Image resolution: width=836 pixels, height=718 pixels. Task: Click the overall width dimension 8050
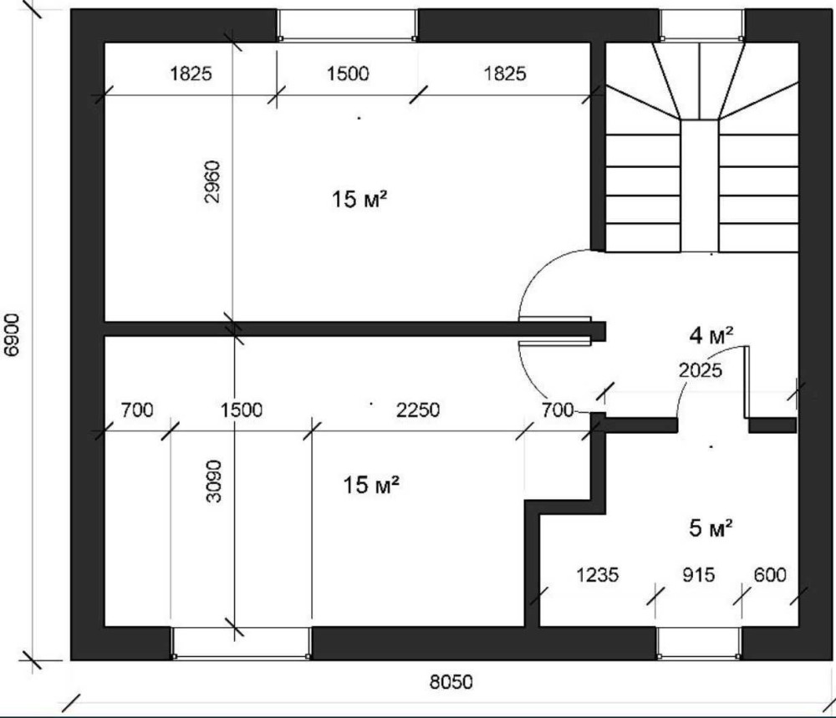[451, 682]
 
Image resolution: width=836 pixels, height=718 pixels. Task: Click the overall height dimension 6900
[11, 334]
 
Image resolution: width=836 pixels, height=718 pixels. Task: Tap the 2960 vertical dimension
[212, 181]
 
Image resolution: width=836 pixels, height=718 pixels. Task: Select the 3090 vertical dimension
[213, 481]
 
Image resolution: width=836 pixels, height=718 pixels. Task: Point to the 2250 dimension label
[418, 410]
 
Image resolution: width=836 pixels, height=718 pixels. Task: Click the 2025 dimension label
[701, 370]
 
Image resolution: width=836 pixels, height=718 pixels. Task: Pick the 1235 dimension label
[597, 575]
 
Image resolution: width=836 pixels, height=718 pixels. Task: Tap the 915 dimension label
[698, 574]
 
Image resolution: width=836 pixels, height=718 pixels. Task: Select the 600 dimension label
[770, 574]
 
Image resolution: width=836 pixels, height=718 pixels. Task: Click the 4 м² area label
[711, 336]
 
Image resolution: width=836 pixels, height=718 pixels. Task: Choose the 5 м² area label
[711, 527]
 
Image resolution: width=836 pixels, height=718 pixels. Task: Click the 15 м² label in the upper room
[359, 199]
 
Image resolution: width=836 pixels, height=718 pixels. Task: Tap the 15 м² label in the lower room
[370, 485]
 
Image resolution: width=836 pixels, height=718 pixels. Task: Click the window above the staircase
[701, 26]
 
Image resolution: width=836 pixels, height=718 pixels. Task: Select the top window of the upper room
[348, 26]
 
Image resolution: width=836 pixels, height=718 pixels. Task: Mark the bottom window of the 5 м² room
[698, 644]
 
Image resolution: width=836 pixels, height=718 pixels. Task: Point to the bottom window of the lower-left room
[241, 644]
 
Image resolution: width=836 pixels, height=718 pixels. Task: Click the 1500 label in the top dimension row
[348, 74]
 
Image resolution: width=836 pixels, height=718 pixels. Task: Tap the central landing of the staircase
[700, 186]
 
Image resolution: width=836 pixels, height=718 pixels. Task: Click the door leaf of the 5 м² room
[747, 382]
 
